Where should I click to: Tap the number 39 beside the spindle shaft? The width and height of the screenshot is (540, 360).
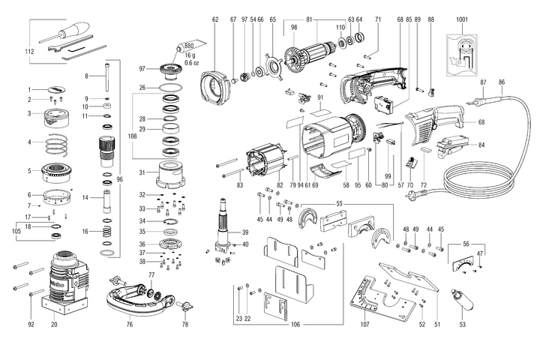pos(245,232)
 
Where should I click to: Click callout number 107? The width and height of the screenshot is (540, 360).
pos(365,324)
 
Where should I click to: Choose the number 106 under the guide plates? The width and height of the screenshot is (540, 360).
pos(295,324)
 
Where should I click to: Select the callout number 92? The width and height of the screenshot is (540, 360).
pos(31,324)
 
